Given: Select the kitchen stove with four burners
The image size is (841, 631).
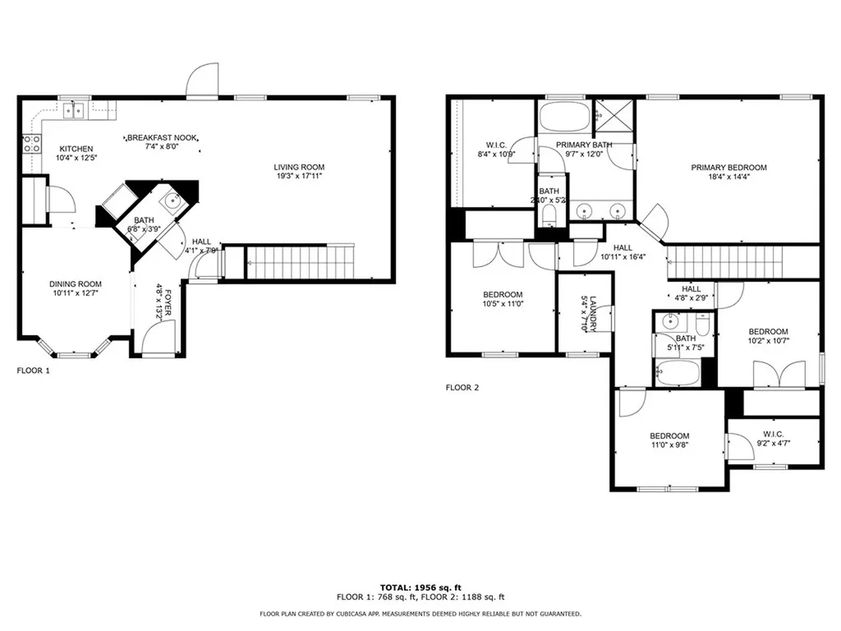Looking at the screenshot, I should [x=31, y=145].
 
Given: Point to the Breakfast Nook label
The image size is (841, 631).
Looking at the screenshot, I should [x=161, y=137].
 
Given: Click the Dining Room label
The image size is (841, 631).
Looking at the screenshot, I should [x=75, y=283].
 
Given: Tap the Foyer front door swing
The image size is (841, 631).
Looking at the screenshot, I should [x=157, y=336].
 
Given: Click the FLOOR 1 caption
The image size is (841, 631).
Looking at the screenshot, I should [x=34, y=371].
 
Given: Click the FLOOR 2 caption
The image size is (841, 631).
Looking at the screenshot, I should [x=462, y=387].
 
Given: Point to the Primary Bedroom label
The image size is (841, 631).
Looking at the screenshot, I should [x=728, y=168].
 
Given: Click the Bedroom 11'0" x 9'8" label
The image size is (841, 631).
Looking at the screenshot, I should [x=669, y=436].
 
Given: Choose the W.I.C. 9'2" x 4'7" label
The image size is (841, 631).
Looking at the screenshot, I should [x=773, y=434].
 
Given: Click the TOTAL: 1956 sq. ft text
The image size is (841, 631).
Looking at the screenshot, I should [x=420, y=587].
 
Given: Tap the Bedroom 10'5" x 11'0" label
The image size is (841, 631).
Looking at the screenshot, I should [x=502, y=295].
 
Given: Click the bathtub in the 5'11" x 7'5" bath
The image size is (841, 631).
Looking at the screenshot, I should [x=678, y=375].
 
